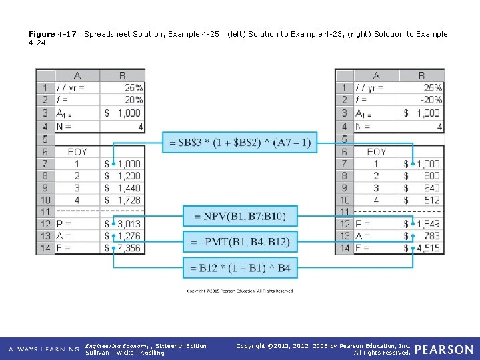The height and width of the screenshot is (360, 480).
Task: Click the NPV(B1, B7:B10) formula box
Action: [240, 216]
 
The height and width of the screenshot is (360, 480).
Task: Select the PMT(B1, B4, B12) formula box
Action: [240, 242]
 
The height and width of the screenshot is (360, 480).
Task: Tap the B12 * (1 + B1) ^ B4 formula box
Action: [240, 268]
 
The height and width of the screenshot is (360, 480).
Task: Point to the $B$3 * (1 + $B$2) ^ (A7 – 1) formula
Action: [240, 142]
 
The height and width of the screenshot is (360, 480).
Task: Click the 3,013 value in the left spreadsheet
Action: [129, 224]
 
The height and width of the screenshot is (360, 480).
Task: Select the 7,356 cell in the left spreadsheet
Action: [129, 248]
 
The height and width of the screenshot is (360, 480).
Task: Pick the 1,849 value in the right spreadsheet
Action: [427, 224]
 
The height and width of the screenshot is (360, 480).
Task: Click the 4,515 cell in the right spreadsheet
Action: [427, 248]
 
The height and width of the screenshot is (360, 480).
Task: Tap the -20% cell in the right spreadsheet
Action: [430, 100]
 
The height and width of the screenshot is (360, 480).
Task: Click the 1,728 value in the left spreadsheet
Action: [129, 200]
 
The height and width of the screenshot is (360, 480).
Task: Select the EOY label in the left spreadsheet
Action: [77, 152]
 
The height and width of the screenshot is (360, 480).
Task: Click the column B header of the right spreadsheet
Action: [421, 76]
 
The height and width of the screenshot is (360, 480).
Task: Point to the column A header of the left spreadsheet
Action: [77, 76]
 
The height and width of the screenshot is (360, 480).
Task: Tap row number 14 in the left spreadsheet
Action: [45, 248]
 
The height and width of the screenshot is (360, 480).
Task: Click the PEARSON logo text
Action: [444, 349]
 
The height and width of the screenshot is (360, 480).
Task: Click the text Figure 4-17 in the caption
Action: [52, 34]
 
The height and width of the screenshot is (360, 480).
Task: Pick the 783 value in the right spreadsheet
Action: [431, 236]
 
